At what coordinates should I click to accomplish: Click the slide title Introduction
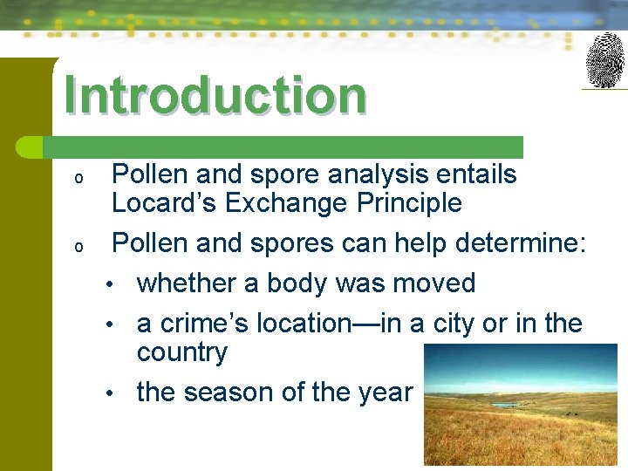click(x=215, y=95)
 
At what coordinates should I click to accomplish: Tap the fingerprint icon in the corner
click(x=604, y=60)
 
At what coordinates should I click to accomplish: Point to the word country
click(x=181, y=352)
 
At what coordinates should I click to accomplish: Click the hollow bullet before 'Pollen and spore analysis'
click(x=78, y=178)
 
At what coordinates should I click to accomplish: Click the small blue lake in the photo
click(x=505, y=406)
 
